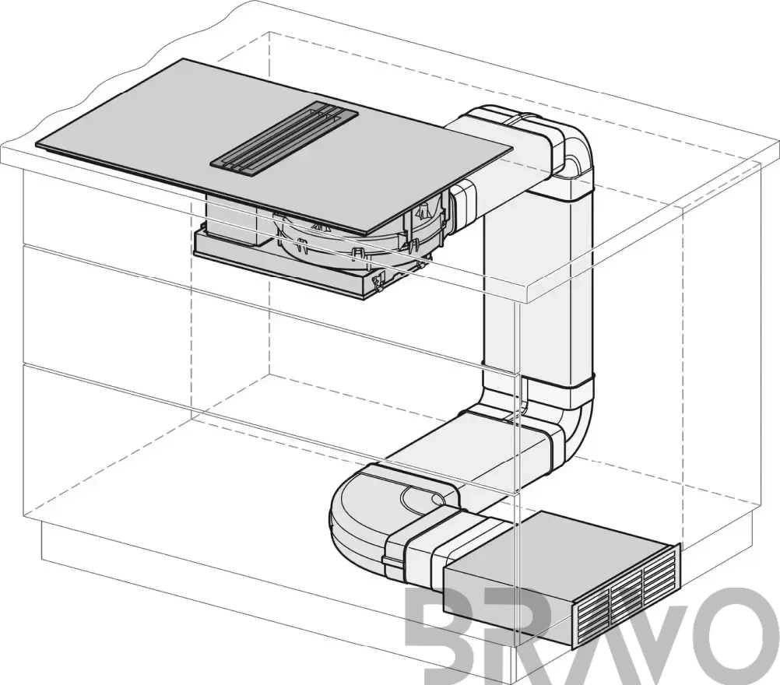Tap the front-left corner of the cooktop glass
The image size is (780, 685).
tap(36, 145)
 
